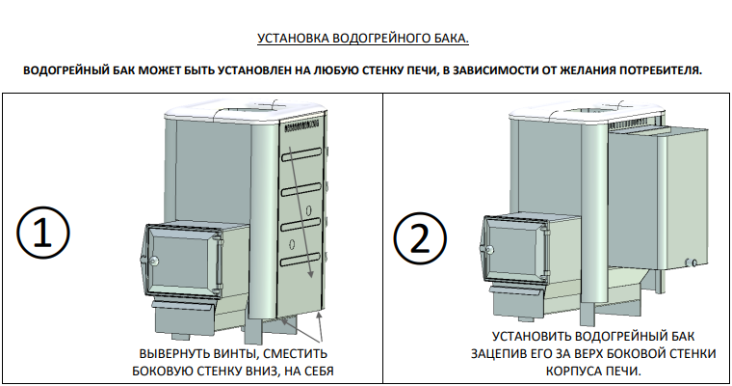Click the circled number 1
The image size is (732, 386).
(x=43, y=233)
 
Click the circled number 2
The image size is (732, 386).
(x=420, y=238)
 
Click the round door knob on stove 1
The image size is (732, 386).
(x=153, y=261)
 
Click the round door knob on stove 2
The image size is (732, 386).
(x=490, y=250)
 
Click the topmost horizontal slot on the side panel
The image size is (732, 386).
(x=301, y=154)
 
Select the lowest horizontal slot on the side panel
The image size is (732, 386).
(x=301, y=260)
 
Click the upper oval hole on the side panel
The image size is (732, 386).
(x=308, y=210)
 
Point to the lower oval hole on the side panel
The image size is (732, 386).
(x=292, y=244)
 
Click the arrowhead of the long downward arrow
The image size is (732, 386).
(x=311, y=274)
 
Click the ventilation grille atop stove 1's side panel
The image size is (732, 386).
(x=301, y=124)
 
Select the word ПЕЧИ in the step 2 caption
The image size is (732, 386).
(x=625, y=372)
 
